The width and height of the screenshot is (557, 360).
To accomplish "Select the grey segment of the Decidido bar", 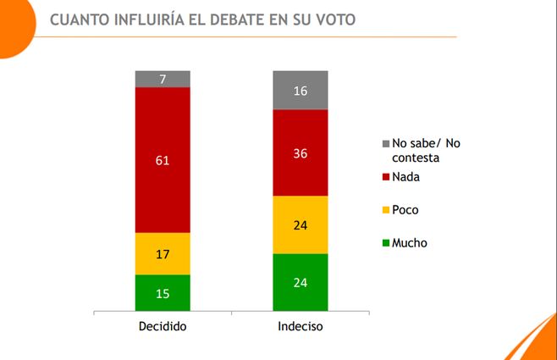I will tap(163, 79).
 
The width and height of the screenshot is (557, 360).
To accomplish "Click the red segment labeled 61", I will tap(163, 159).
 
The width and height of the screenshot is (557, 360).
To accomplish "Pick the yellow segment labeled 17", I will tap(163, 253).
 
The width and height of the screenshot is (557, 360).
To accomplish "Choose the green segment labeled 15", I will tap(163, 292).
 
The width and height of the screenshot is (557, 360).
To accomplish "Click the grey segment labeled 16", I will tap(300, 91).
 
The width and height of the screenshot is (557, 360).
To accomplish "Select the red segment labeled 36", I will tap(300, 153).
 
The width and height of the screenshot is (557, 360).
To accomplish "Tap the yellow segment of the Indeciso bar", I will tap(300, 225).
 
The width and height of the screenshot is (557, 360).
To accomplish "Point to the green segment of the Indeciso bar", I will tap(300, 283).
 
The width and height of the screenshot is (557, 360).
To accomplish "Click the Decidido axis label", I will tap(163, 326).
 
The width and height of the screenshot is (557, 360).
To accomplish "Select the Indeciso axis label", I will tap(300, 326).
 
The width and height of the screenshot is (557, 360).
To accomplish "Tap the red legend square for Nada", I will tap(387, 177).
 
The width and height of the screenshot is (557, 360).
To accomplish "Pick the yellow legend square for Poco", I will tap(387, 210).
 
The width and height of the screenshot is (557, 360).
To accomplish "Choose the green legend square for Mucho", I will tap(387, 243).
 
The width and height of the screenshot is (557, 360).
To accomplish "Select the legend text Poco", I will tap(406, 210).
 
